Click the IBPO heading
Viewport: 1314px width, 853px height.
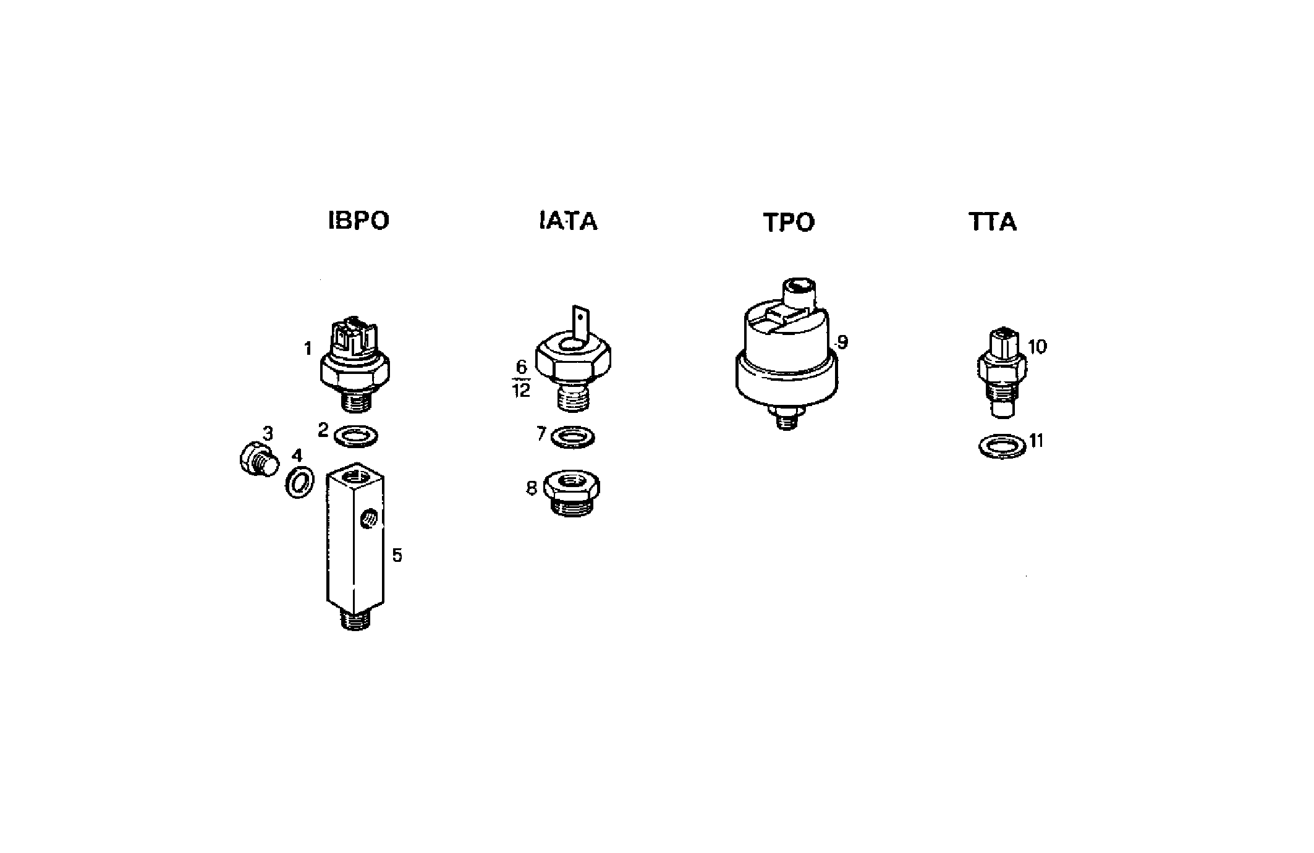358,221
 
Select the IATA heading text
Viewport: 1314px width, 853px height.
568,221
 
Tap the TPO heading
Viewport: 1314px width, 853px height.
789,223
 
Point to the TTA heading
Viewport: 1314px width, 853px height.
992,222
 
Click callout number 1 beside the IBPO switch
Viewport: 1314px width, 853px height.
308,349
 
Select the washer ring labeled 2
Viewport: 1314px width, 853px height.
356,436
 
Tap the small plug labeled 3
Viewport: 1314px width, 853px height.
258,460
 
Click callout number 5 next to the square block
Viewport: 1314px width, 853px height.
397,555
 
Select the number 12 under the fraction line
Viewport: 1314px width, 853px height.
522,391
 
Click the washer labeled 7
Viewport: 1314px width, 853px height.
572,436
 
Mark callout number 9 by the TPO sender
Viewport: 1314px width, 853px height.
842,342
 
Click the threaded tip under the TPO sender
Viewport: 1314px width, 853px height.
786,422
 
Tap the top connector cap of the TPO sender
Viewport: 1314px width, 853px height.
799,291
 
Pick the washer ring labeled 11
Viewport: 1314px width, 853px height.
1002,445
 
